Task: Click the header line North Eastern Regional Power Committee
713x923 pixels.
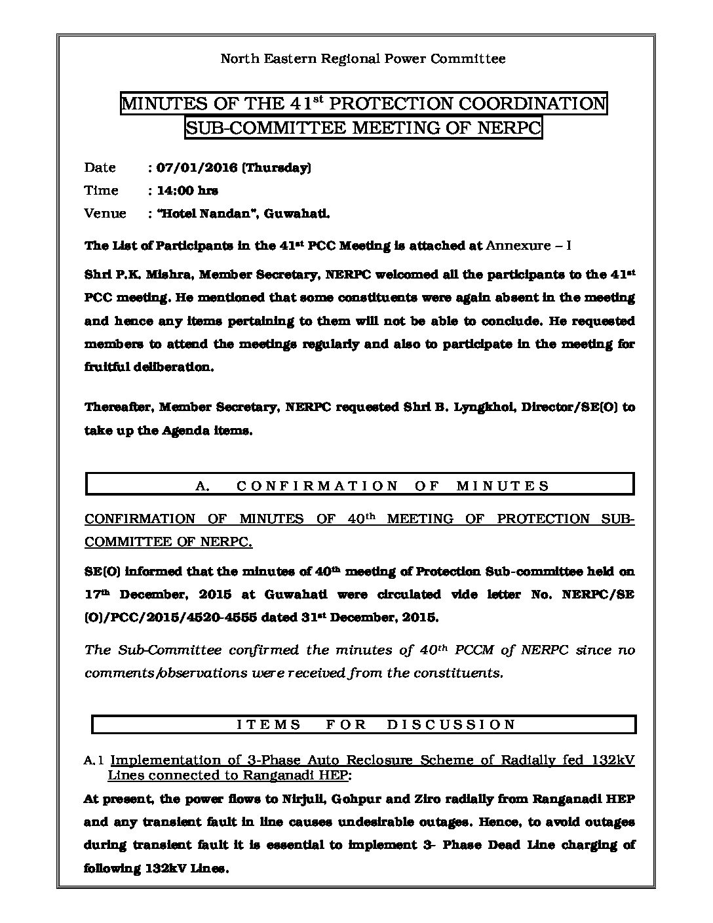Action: coord(362,59)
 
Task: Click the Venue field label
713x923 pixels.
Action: coord(105,214)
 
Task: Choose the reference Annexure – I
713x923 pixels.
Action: coord(529,246)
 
